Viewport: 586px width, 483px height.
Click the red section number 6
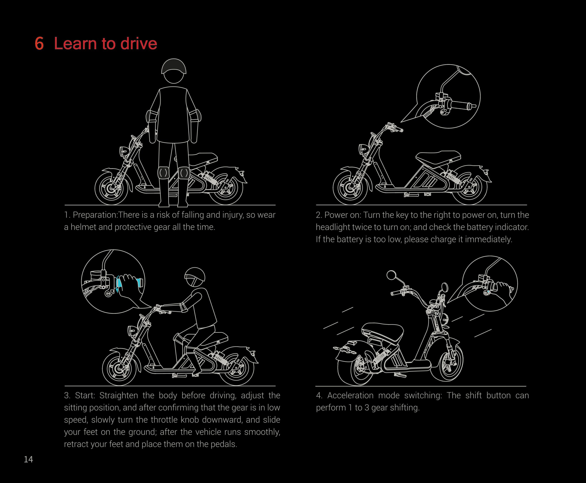click(x=39, y=44)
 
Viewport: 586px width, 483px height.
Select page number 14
click(x=28, y=459)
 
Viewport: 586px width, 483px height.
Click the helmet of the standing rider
click(x=174, y=66)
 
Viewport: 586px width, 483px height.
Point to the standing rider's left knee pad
click(x=163, y=173)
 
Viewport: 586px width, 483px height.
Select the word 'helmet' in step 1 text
click(x=83, y=227)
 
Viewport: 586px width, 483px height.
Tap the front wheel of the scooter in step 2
click(x=350, y=188)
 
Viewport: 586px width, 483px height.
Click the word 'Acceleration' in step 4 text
click(x=350, y=395)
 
